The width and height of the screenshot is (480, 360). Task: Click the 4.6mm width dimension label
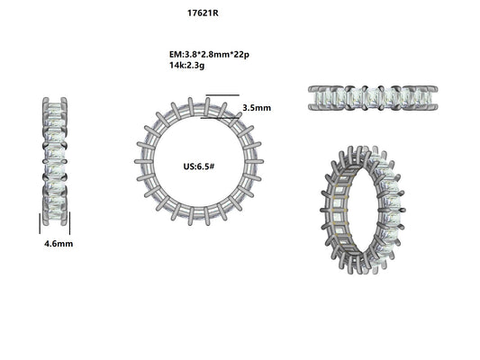tap(59, 244)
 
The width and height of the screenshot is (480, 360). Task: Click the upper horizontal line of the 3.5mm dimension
tap(222, 95)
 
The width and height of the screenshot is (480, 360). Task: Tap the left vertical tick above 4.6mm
tap(39, 222)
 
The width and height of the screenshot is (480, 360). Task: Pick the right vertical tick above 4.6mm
tap(70, 222)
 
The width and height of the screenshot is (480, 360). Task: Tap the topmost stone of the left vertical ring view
tap(54, 110)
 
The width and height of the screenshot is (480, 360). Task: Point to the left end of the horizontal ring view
tap(312, 98)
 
